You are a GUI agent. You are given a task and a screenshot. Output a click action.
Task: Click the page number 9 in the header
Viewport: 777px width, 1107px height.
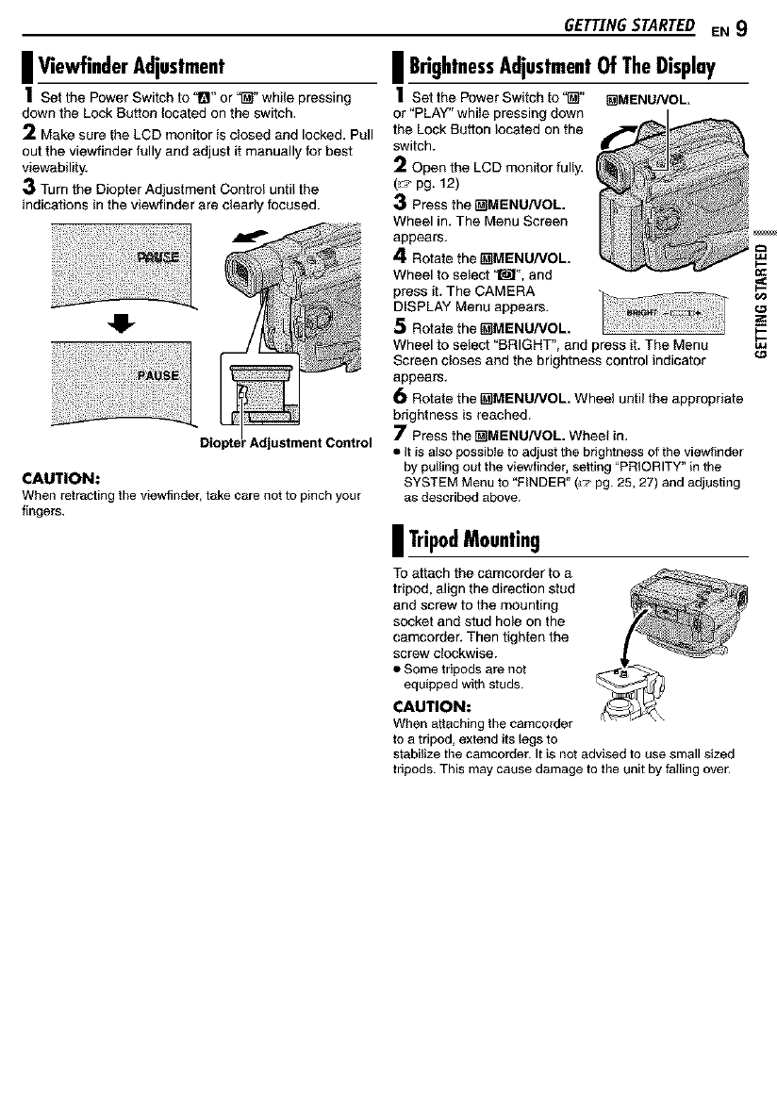(x=742, y=27)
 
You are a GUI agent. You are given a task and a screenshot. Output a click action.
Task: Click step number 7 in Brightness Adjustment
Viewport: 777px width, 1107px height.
(x=398, y=434)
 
